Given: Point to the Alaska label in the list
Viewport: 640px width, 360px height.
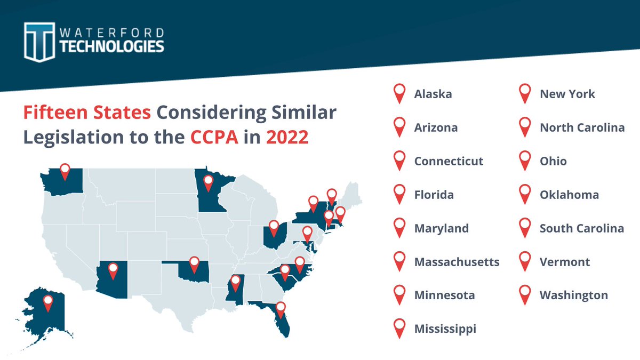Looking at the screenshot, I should click(433, 94).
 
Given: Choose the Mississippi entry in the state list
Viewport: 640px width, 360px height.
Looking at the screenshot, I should click(445, 329).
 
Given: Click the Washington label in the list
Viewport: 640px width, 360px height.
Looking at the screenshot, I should click(573, 295).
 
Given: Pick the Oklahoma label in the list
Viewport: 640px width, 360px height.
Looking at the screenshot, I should click(569, 195).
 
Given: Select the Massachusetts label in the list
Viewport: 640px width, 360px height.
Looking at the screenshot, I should click(457, 262).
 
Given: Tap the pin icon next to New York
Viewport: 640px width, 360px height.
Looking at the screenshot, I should click(525, 93).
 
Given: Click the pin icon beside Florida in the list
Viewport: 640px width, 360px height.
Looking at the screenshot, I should click(399, 194).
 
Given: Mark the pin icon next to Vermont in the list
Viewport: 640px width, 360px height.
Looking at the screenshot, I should click(525, 261).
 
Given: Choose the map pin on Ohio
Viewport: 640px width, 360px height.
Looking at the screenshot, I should click(274, 228).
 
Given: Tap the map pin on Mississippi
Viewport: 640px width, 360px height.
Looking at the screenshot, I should click(235, 283).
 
